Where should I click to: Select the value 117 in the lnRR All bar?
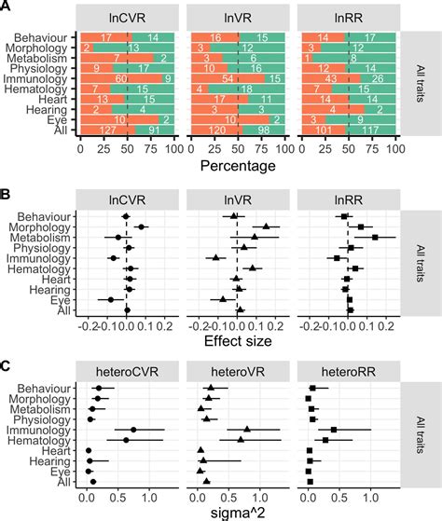375,131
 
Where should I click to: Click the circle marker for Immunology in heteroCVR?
133,430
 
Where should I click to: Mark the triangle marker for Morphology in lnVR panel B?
266,226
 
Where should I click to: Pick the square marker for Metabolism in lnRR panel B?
375,238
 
